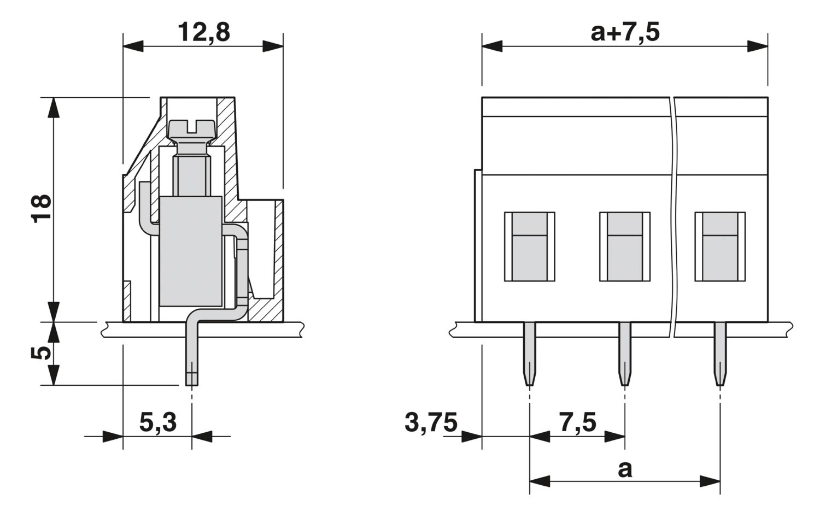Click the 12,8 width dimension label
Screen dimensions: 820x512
coord(204,32)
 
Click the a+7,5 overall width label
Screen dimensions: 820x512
coord(625,32)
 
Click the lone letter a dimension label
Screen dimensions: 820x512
coord(625,469)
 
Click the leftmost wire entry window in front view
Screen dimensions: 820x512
coord(529,246)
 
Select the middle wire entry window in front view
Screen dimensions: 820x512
coord(624,246)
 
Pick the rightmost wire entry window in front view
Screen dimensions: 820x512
coord(720,246)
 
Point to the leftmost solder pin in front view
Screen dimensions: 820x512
coord(529,354)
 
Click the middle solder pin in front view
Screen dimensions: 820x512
coord(625,354)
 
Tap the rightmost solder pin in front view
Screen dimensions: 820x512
coord(720,354)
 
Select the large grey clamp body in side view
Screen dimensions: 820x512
coord(191,251)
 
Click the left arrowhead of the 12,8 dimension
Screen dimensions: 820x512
coord(133,46)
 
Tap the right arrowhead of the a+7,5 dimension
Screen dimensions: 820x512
coord(757,46)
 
